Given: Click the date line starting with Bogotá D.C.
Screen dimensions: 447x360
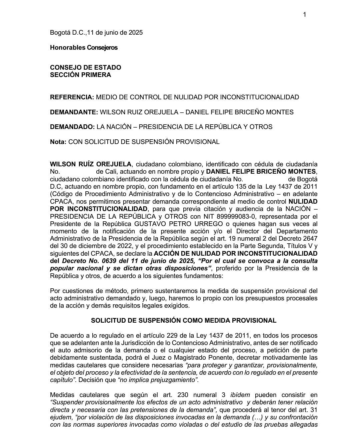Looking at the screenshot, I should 96,33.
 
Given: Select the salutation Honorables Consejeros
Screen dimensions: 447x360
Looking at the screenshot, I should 84,48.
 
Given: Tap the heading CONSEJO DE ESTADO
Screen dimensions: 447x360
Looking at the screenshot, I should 85,67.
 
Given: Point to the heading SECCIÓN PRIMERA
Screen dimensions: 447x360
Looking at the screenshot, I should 80,75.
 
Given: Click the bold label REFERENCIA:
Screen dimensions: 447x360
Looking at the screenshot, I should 72,97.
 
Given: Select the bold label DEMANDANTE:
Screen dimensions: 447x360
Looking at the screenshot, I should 74,112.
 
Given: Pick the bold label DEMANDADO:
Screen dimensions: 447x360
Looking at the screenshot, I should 72,127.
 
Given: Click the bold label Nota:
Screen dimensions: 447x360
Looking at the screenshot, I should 58,142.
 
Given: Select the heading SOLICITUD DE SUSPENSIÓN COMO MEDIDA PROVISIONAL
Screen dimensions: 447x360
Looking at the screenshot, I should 184,321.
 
